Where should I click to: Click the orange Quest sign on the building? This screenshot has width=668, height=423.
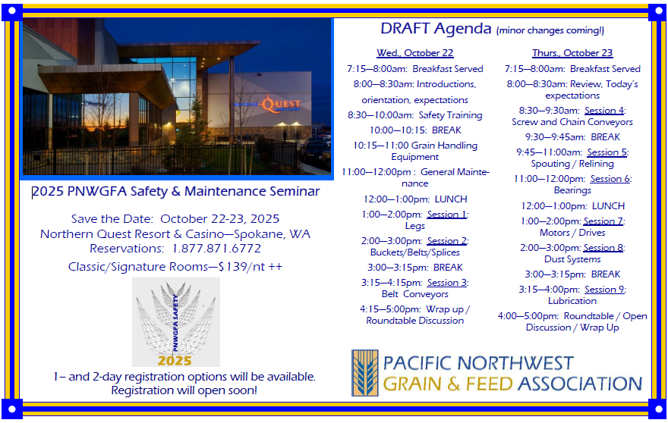pos(281,104)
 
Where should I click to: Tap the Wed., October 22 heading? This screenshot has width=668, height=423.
pos(415,53)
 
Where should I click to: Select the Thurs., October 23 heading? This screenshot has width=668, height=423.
pos(572,53)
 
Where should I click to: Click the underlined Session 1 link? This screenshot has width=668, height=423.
pos(446,214)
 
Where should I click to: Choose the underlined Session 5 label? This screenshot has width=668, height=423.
pos(607,152)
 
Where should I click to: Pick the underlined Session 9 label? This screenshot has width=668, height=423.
pos(604,290)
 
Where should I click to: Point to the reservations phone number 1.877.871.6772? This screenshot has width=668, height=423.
pos(216,249)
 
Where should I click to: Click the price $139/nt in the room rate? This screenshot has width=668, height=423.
pos(241,266)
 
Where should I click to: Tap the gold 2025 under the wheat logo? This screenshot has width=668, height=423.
pos(175,360)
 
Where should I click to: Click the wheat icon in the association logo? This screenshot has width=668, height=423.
pos(364,373)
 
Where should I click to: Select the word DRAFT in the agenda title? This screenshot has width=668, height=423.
pos(405,29)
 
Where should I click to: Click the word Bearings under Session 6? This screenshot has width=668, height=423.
pos(572,190)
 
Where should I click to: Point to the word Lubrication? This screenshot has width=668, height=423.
pos(572,300)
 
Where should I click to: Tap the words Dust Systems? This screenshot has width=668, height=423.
pos(572,259)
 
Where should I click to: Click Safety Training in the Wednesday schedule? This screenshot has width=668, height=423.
pos(450,115)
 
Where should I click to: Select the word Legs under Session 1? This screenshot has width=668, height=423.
pos(415,226)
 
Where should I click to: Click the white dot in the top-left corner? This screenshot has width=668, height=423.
pos(11,10)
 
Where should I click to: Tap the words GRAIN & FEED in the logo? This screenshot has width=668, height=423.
pos(448,384)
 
